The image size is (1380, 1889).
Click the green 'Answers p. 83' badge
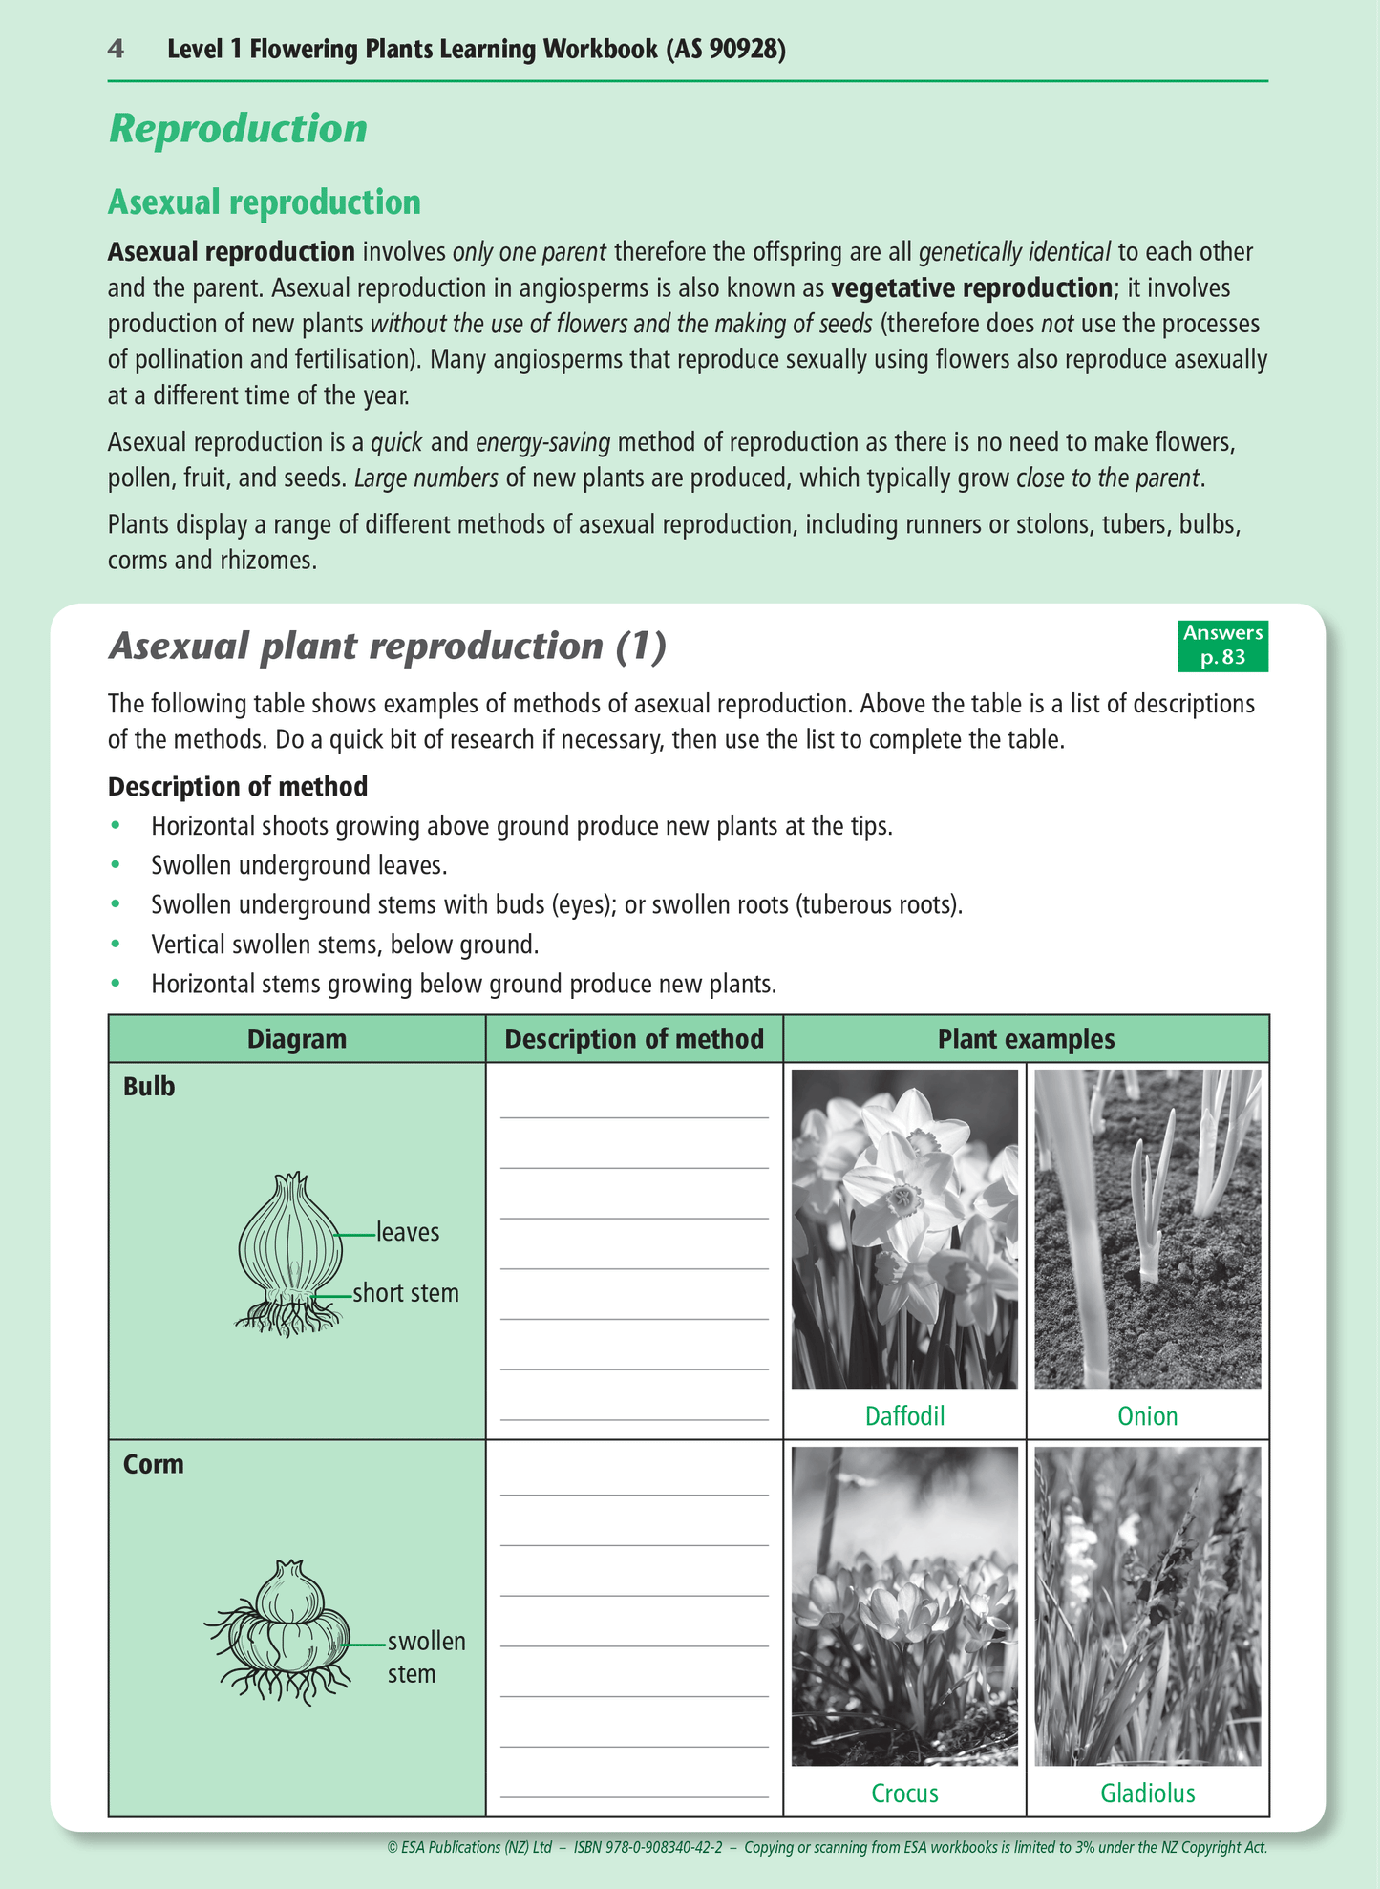point(1222,646)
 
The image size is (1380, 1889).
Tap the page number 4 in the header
point(116,49)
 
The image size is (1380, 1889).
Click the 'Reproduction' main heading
point(238,129)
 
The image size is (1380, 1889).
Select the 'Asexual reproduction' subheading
point(264,202)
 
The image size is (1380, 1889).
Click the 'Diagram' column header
point(296,1039)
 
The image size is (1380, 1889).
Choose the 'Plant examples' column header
point(1026,1039)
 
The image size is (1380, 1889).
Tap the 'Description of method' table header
point(634,1039)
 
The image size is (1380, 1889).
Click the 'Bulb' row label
point(149,1087)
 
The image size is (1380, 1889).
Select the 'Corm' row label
point(153,1464)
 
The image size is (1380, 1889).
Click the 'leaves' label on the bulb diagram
point(408,1232)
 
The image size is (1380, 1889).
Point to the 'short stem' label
point(406,1293)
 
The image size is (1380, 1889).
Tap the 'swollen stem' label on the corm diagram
point(426,1657)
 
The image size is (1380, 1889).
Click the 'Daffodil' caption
point(904,1415)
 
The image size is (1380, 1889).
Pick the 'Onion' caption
point(1147,1415)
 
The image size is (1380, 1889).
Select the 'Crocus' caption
point(904,1793)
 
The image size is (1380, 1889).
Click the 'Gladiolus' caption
point(1147,1793)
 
